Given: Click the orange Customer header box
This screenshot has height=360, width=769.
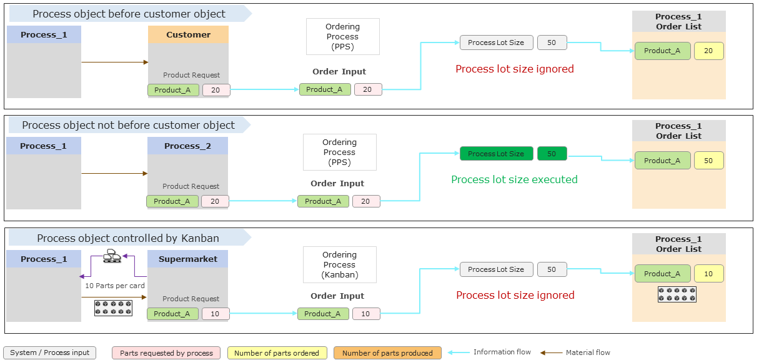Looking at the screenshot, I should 188,35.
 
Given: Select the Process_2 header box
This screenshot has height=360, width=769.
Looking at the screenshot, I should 187,146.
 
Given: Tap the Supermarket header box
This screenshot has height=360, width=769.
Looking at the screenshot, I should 187,259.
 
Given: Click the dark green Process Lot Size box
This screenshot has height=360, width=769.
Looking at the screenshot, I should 496,154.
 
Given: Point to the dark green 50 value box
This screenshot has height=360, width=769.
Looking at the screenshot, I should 552,154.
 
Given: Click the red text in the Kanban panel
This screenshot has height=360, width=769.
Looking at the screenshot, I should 515,295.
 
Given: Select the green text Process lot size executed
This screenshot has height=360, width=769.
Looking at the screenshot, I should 514,179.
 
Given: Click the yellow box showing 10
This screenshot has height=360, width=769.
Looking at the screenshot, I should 708,274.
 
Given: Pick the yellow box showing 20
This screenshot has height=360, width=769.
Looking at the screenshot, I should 708,51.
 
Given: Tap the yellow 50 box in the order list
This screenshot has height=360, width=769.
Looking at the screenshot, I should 708,161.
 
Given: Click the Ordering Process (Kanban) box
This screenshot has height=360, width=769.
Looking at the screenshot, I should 339,264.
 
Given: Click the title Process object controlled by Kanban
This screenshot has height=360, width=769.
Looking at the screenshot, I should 128,238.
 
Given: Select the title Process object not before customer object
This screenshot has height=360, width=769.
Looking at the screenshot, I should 128,125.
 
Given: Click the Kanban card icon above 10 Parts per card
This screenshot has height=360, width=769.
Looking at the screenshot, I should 112,256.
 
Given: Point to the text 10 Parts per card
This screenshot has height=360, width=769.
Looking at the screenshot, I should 115,286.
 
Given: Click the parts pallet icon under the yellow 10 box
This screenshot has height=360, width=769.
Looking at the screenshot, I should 677,294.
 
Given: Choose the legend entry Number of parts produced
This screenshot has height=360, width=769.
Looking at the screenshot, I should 387,353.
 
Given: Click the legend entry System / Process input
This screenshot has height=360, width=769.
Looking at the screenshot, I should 50,353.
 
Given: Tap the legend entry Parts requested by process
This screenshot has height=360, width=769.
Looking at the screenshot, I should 166,353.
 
